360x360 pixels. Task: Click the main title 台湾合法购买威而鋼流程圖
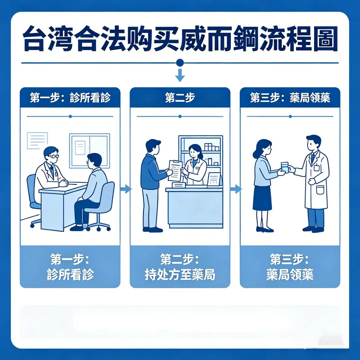180,40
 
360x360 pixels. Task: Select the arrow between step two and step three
235,189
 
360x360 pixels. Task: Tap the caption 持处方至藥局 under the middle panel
180,274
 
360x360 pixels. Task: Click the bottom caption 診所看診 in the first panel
70,274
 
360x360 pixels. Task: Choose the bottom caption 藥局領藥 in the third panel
290,274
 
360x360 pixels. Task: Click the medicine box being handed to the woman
284,166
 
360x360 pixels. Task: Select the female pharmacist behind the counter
195,164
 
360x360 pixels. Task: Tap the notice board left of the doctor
37,140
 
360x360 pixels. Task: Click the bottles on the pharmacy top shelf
210,147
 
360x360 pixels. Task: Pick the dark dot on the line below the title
180,63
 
